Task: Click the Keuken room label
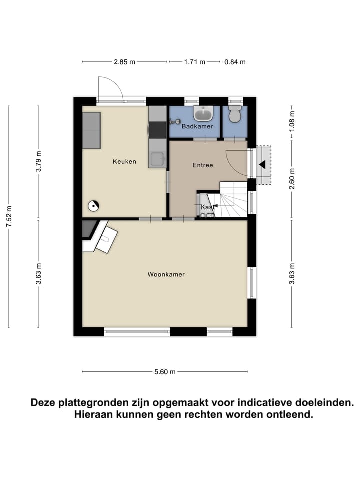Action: click(124, 161)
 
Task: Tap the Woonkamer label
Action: click(166, 274)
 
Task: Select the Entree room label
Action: click(203, 165)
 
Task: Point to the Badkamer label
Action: click(197, 127)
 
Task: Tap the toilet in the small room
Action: click(234, 114)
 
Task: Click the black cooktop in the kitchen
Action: click(158, 130)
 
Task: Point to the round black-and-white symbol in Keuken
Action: click(93, 204)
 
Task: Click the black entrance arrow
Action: click(262, 164)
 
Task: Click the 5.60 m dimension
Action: click(165, 372)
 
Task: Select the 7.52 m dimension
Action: click(8, 217)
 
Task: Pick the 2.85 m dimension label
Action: click(124, 62)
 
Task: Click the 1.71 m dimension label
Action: click(195, 62)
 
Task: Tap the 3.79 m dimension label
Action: click(39, 161)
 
